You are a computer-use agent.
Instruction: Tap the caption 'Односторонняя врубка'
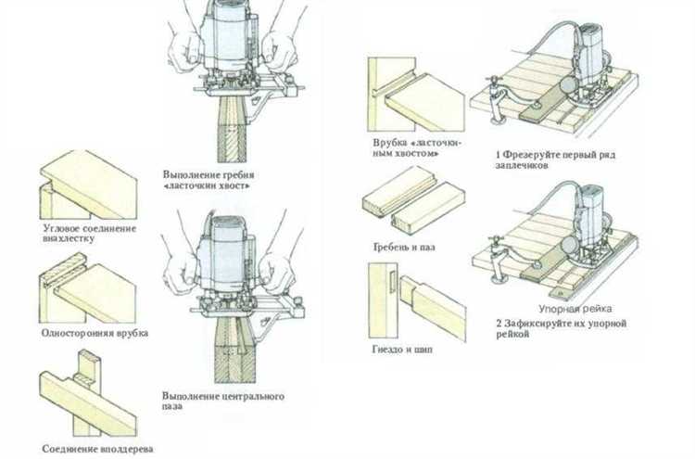tap(95, 331)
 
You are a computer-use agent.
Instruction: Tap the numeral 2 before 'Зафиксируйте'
tap(499, 322)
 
